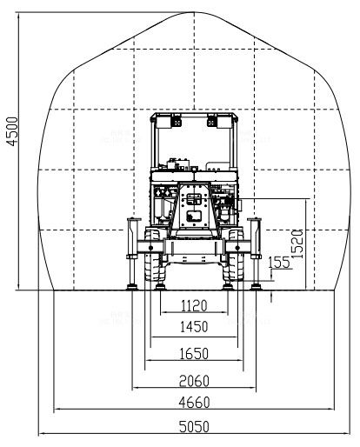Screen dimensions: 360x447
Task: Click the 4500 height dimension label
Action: click(x=12, y=131)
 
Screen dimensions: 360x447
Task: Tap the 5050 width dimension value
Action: click(x=194, y=427)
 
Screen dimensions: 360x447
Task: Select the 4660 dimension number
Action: click(x=194, y=403)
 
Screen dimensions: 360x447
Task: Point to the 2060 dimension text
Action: click(x=194, y=381)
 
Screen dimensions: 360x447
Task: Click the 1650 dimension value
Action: click(x=194, y=354)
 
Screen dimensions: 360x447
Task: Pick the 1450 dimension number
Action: click(x=194, y=327)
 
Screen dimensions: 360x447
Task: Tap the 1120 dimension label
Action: click(x=194, y=305)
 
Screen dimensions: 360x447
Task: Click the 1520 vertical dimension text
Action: click(x=297, y=244)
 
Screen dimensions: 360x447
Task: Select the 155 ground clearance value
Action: click(x=279, y=263)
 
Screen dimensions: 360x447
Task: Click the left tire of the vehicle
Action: click(x=153, y=255)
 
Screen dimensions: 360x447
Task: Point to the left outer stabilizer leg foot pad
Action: click(x=132, y=287)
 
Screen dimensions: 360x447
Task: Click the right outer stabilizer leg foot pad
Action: click(x=256, y=287)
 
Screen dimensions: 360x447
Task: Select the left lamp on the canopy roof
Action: click(x=177, y=121)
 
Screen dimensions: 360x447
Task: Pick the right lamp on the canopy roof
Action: click(x=212, y=121)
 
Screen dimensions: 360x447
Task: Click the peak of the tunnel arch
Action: click(x=194, y=12)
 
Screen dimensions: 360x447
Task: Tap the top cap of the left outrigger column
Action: click(x=134, y=219)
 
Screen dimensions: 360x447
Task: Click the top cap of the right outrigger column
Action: click(x=254, y=219)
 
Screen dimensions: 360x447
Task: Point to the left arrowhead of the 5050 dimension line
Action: click(x=42, y=434)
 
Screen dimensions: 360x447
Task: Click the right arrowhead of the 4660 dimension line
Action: click(x=331, y=409)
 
